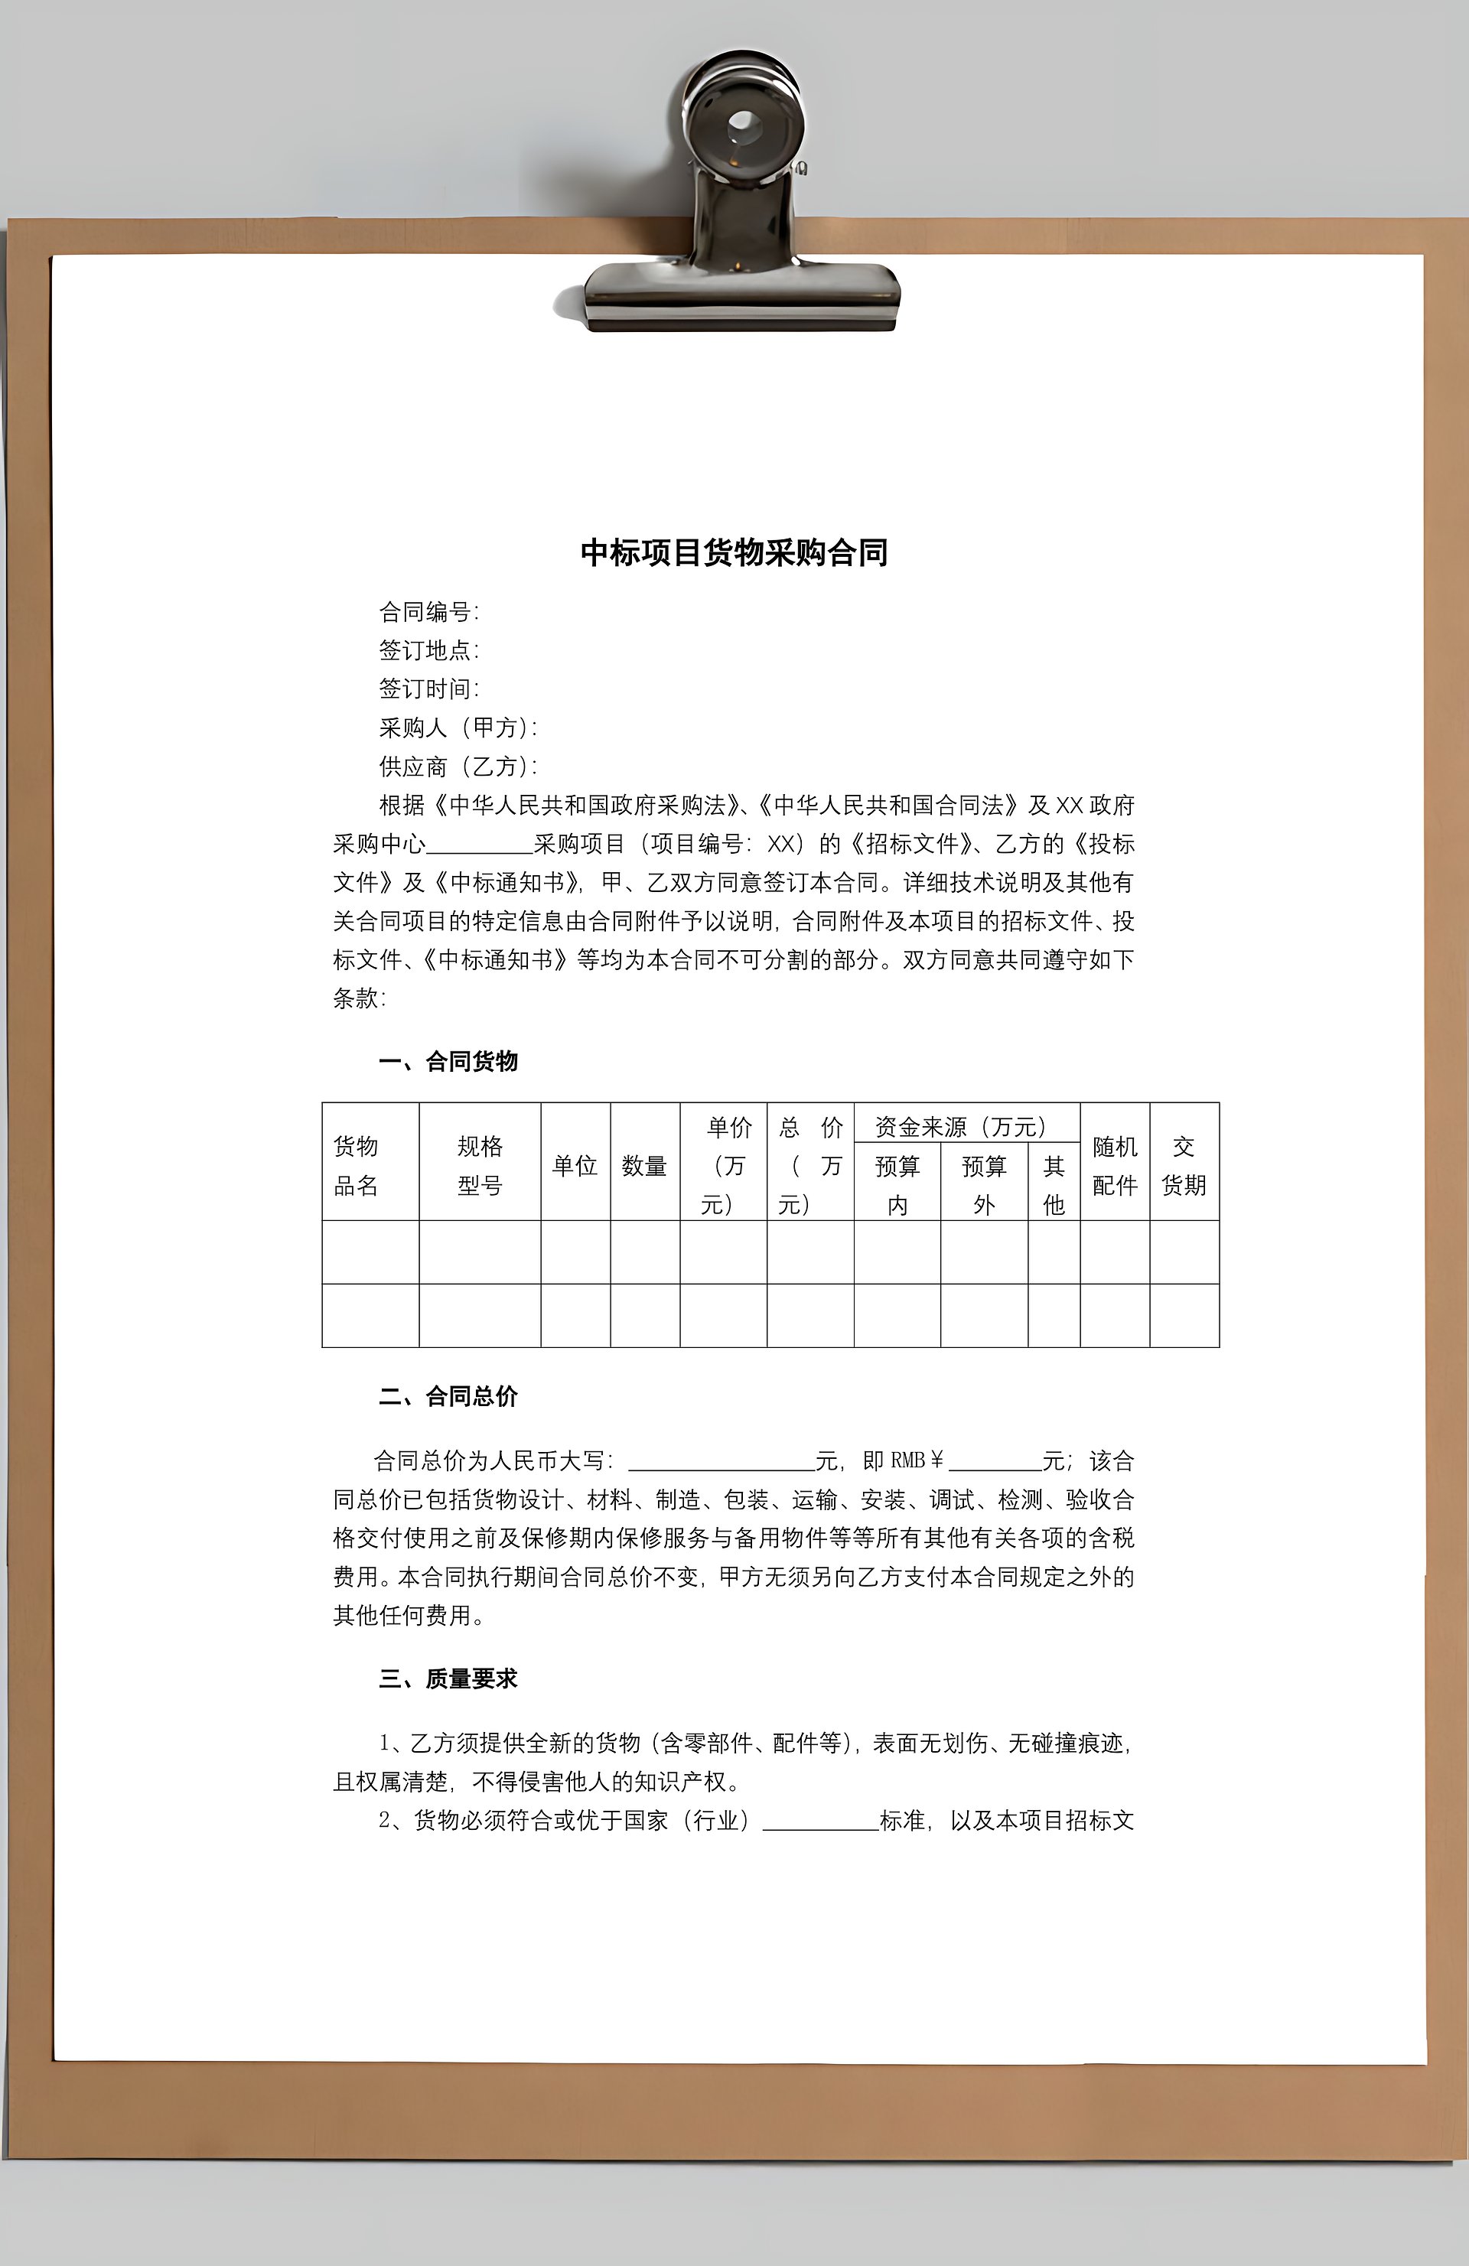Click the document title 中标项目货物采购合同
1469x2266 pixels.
(x=734, y=553)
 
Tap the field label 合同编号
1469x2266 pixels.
(x=428, y=611)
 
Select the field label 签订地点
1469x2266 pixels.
(x=428, y=650)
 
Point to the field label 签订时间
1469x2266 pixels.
(x=428, y=689)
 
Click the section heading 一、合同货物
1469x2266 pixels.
(x=448, y=1062)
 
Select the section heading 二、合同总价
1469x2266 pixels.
(x=448, y=1397)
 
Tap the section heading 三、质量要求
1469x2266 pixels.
(x=448, y=1678)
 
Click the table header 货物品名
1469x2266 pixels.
(x=356, y=1165)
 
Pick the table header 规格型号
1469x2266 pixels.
(x=480, y=1165)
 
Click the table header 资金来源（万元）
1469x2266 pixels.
(x=961, y=1128)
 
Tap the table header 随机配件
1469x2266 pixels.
(x=1115, y=1165)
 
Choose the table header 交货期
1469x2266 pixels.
(x=1184, y=1165)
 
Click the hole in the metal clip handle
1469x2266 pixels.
(x=743, y=123)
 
